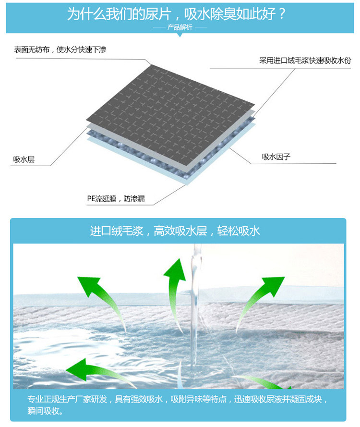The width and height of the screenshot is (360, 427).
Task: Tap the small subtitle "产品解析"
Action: [x=180, y=27]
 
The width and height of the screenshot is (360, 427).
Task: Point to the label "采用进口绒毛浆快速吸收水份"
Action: [x=305, y=61]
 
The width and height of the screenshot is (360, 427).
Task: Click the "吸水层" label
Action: [x=24, y=159]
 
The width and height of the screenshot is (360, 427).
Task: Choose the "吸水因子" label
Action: [x=276, y=157]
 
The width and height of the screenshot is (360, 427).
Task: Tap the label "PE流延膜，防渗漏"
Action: [x=116, y=198]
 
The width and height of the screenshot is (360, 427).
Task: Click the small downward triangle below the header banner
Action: [x=180, y=35]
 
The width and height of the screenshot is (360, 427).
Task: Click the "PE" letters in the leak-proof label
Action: [x=92, y=198]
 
